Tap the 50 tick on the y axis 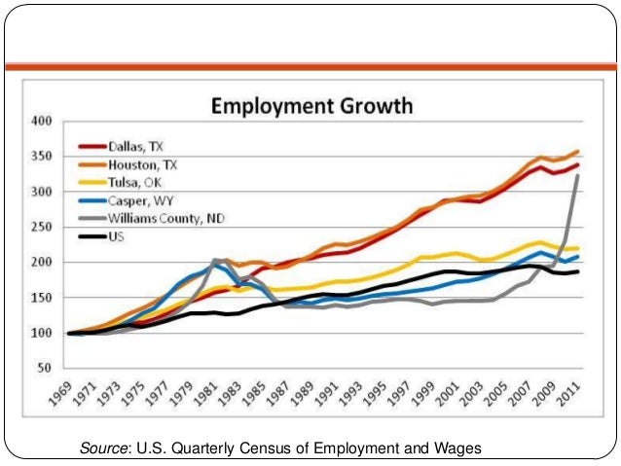[x=43, y=369]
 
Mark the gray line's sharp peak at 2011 [x=578, y=176]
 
